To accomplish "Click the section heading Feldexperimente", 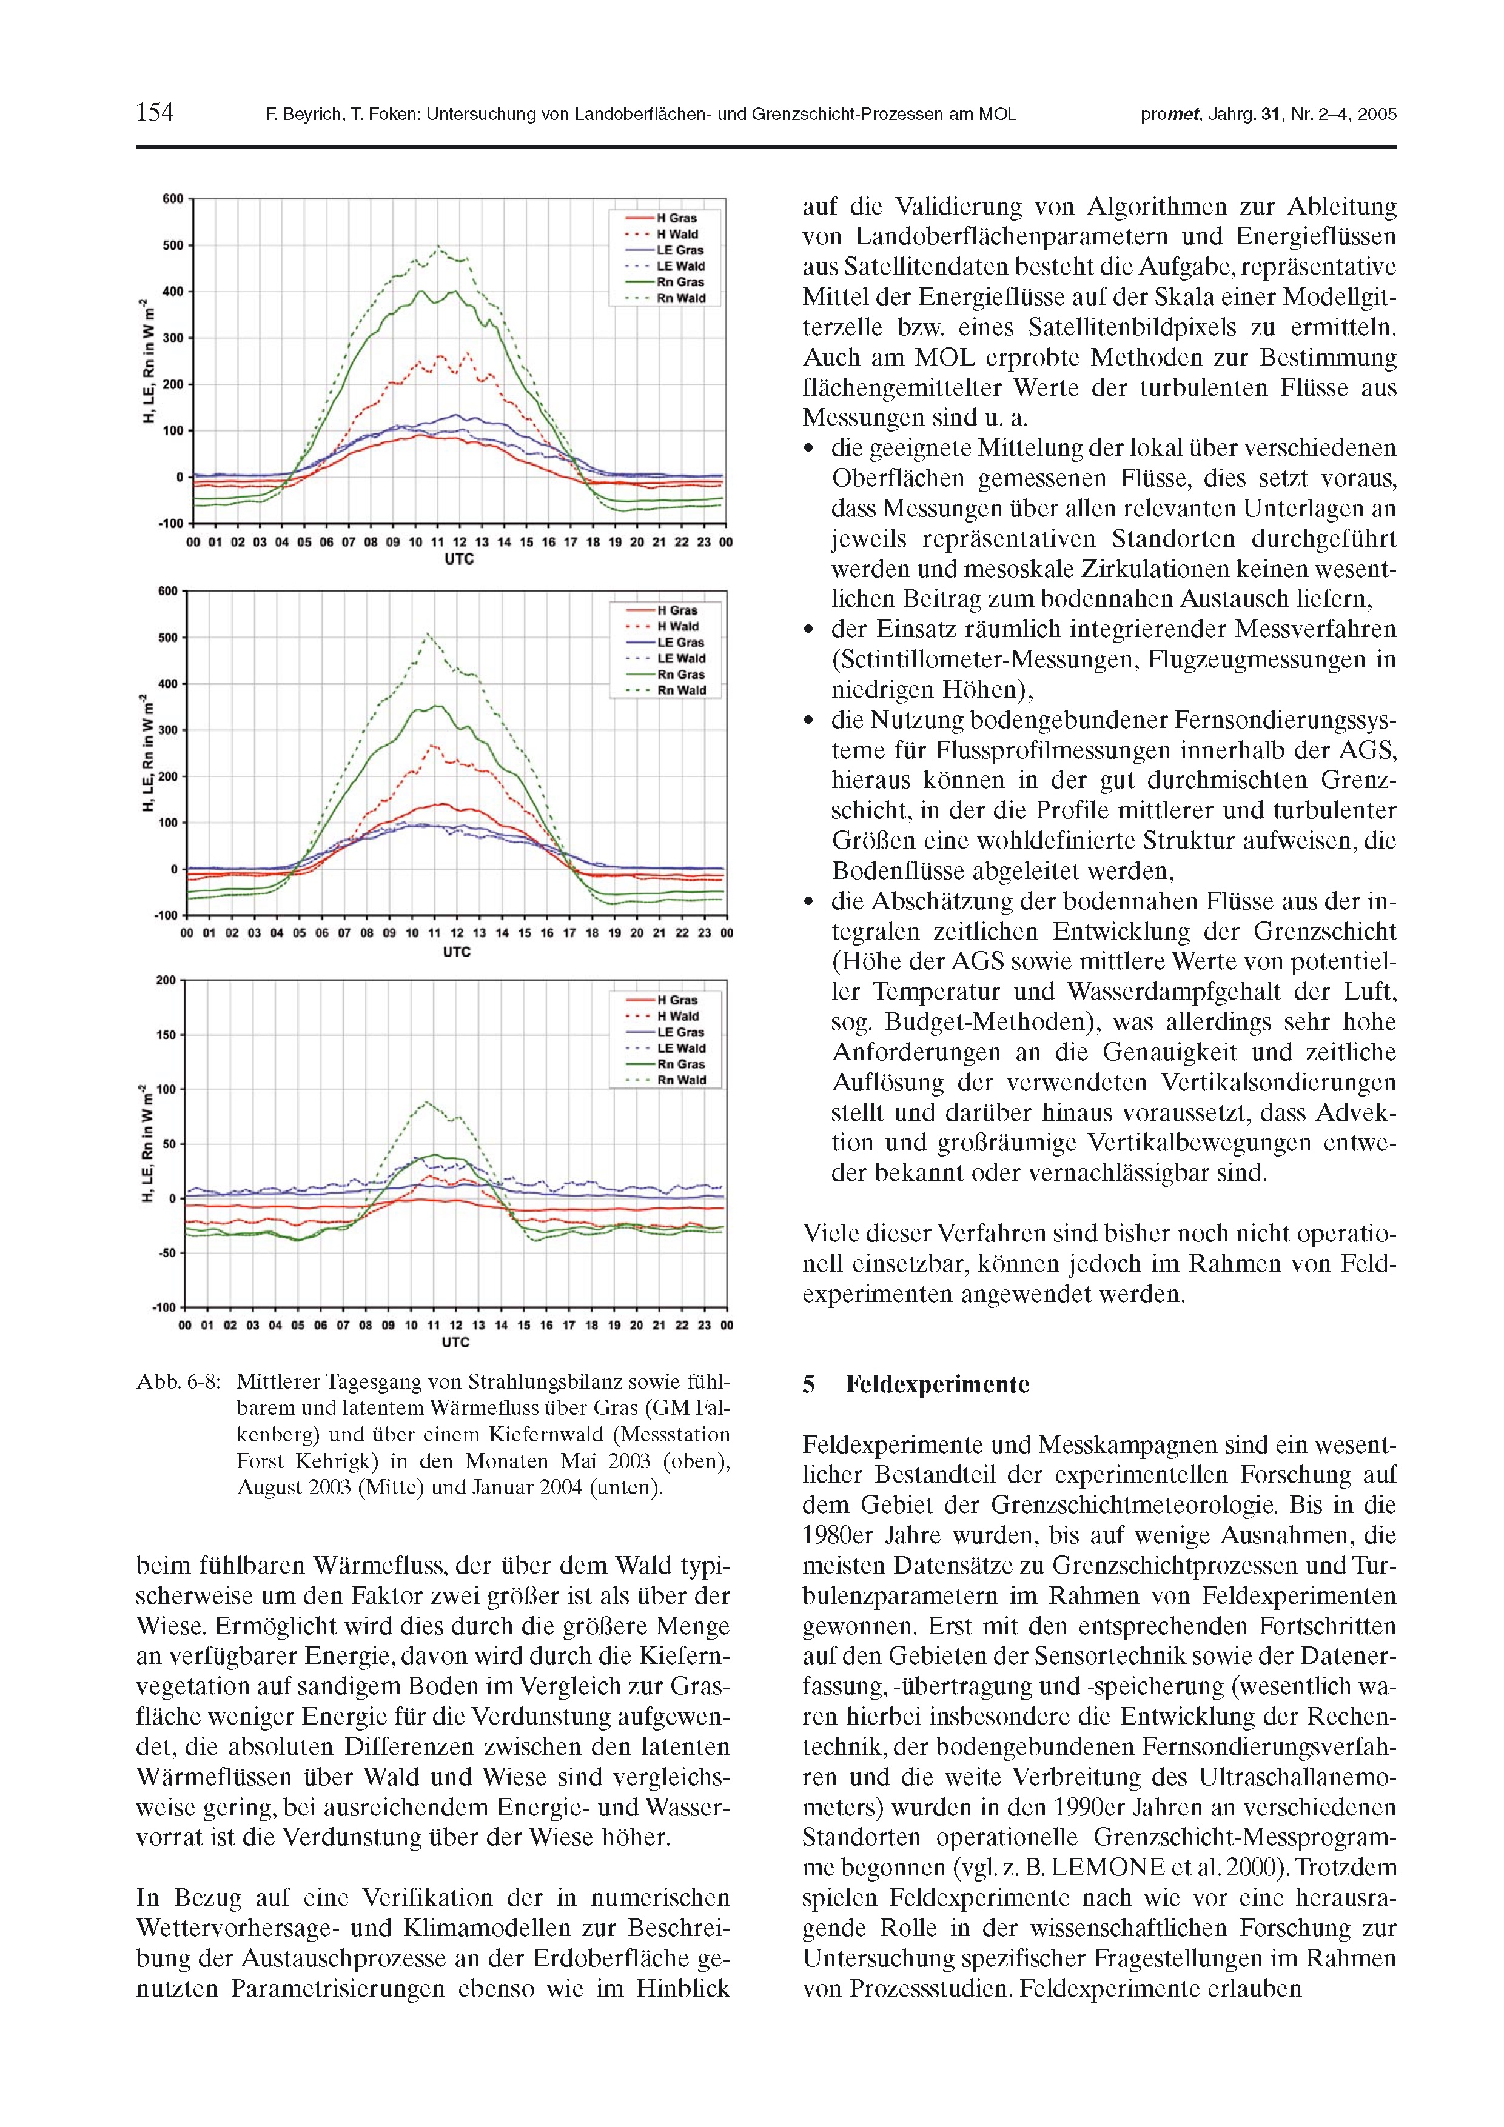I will (x=937, y=1385).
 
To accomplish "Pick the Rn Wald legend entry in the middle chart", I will (x=681, y=691).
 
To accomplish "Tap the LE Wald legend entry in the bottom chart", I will (x=681, y=1049).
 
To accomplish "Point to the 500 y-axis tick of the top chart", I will (x=172, y=245).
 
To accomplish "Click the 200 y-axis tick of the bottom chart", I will (x=166, y=980).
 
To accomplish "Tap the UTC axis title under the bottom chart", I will (x=456, y=1343).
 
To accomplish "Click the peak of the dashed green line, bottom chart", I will (x=426, y=1103).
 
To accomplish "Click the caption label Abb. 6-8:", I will (x=178, y=1382).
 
